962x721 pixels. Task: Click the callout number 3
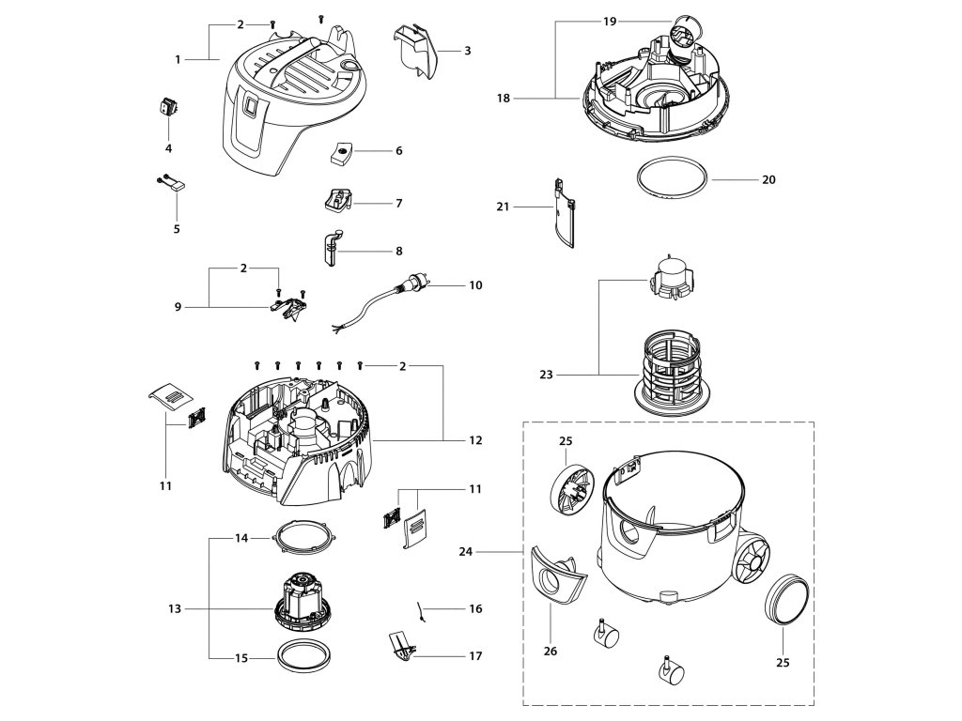coord(468,51)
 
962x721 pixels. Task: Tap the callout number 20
coord(768,179)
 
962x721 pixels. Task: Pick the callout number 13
coord(175,608)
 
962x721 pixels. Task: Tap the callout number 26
coord(551,651)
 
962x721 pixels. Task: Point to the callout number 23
coord(546,375)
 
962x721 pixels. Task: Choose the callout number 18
coord(504,98)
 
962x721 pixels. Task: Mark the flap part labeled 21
coord(565,213)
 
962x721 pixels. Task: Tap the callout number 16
coord(475,608)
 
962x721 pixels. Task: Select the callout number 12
coord(475,440)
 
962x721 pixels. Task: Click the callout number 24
coord(466,552)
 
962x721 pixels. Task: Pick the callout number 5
coord(177,229)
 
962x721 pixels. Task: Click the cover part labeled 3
coord(416,51)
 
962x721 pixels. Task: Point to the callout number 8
coord(398,251)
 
